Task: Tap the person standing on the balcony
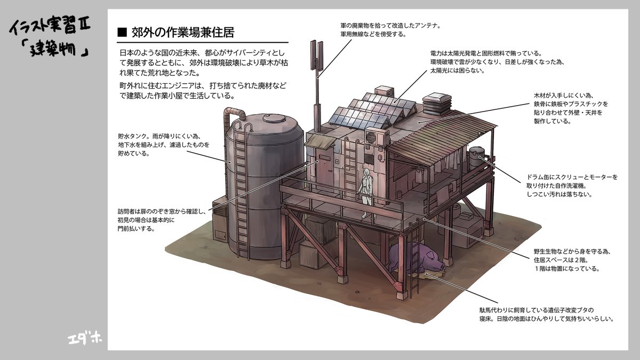point(366,193)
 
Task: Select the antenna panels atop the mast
point(317,56)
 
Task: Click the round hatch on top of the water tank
point(274,118)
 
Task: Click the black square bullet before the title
point(122,33)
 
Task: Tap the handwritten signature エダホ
point(85,339)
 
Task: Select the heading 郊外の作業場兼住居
point(183,33)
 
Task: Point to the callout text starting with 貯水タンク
point(163,145)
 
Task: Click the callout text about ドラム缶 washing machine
point(572,186)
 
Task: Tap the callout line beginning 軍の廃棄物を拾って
point(390,26)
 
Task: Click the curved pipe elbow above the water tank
point(234,114)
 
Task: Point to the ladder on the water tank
point(242,192)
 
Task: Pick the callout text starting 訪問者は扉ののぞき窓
point(162,220)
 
